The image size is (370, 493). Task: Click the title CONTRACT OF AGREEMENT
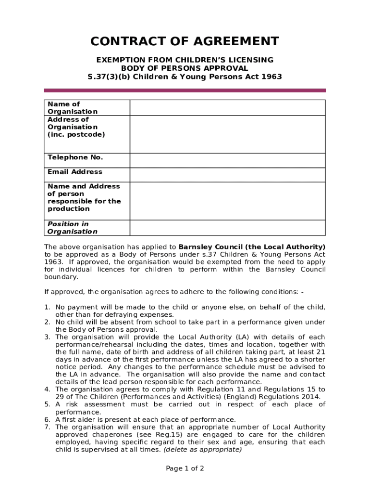point(185,41)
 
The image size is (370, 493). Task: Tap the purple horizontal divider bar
point(185,90)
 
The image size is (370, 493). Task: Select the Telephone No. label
point(75,157)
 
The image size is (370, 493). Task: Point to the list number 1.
point(47,307)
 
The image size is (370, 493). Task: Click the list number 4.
point(47,389)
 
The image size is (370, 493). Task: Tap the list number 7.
point(47,427)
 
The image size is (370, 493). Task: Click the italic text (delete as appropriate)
point(202,450)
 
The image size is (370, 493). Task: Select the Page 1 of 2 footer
point(185,468)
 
